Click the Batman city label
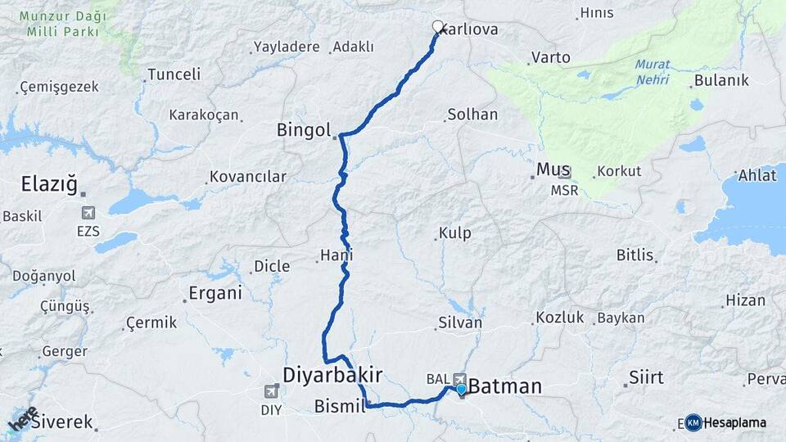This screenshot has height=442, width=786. (504, 386)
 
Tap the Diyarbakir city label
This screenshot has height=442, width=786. (332, 375)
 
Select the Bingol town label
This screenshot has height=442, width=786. (303, 129)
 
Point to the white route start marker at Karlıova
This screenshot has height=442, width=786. (438, 26)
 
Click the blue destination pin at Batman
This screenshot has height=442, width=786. (461, 389)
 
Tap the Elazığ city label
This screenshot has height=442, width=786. (49, 186)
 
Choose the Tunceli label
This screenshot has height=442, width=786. (173, 74)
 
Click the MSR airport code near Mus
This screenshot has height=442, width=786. (563, 190)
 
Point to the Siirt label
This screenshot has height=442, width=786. (646, 378)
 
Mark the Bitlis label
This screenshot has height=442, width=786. (635, 255)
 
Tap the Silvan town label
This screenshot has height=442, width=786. (459, 322)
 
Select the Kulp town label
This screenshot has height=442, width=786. (454, 233)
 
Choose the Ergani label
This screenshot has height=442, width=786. (215, 293)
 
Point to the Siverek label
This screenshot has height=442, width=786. (62, 423)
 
